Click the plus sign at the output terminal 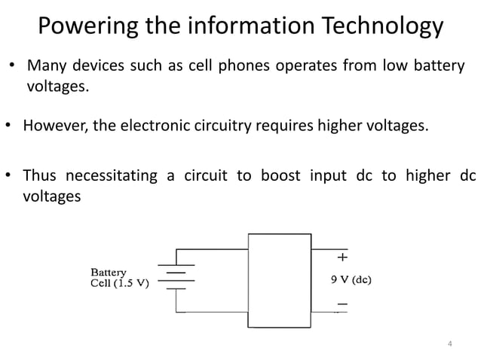pyautogui.click(x=342, y=257)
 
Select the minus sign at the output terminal pyautogui.click(x=342, y=304)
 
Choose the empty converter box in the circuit pyautogui.click(x=279, y=280)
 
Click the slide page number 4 pyautogui.click(x=450, y=345)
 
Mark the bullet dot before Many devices pyautogui.click(x=12, y=66)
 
